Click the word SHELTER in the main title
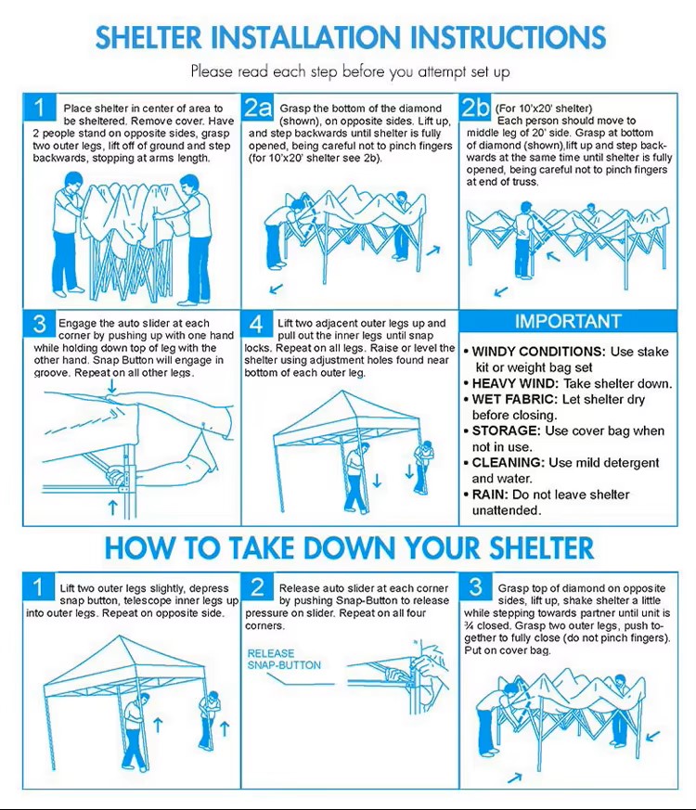[148, 37]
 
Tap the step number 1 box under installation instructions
[39, 108]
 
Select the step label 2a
[257, 108]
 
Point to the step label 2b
[475, 108]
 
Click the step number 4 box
[257, 325]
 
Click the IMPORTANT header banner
[568, 321]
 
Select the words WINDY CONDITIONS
[538, 352]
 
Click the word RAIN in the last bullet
[490, 495]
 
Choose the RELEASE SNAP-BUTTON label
[284, 659]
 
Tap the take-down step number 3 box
[475, 586]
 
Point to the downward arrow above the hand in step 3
[112, 385]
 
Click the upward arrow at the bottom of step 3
[113, 507]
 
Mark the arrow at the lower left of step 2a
[277, 288]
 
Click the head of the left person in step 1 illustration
[74, 181]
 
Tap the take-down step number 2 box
[257, 586]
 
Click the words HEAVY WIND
[515, 384]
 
